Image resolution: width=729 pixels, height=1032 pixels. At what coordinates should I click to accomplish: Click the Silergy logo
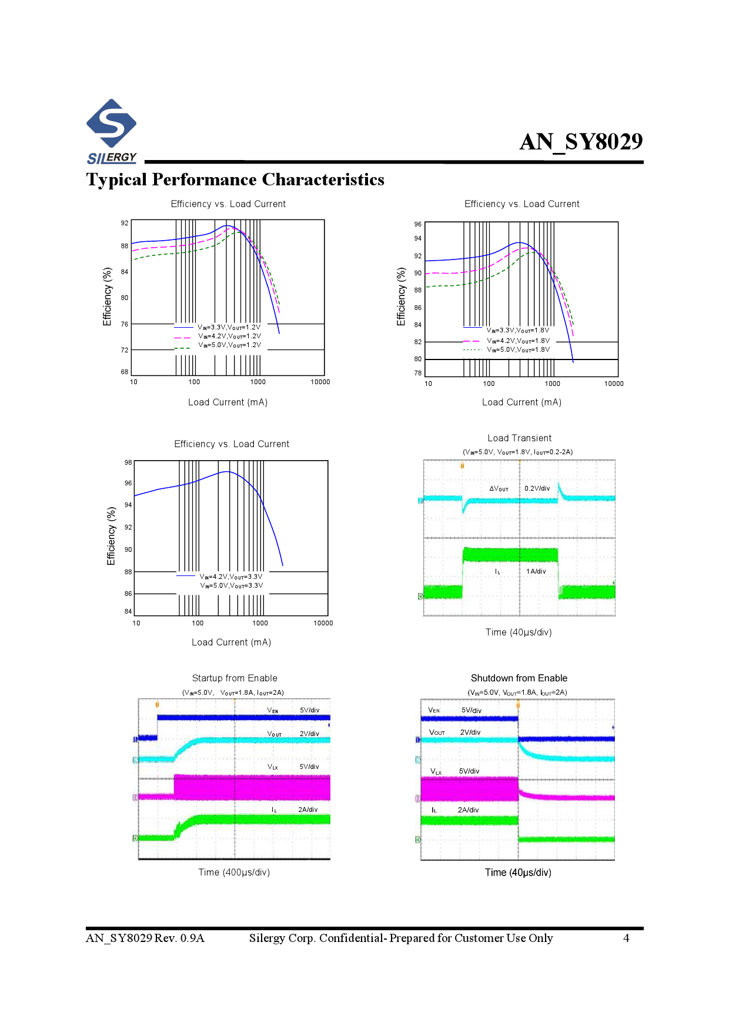(x=111, y=131)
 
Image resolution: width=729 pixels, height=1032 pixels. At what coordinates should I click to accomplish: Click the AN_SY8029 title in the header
(x=581, y=142)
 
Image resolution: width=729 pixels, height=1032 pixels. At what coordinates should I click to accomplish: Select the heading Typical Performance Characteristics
(x=235, y=179)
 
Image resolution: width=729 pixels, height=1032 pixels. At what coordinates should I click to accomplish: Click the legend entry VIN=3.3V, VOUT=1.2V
(x=229, y=327)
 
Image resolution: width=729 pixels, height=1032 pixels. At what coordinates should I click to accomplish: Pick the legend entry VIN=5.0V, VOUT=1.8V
(x=518, y=349)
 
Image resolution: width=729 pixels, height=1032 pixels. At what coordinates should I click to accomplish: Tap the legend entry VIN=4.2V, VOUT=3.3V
(x=231, y=577)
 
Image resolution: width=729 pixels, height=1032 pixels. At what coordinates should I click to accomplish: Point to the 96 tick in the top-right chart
(x=417, y=224)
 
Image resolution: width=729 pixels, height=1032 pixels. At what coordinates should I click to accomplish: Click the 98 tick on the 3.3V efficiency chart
(x=128, y=462)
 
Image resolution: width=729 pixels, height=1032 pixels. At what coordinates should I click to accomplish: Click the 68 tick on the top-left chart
(x=125, y=372)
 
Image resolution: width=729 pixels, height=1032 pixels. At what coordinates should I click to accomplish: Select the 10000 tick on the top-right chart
(x=614, y=384)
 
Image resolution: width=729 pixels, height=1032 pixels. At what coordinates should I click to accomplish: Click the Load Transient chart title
(x=519, y=438)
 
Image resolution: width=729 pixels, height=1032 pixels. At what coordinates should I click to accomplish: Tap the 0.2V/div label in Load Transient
(x=537, y=488)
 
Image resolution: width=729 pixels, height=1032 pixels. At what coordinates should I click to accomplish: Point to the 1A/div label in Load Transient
(x=536, y=571)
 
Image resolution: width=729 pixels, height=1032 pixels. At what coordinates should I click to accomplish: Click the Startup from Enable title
(x=235, y=678)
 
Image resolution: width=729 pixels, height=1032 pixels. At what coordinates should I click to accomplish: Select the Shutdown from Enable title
(x=519, y=678)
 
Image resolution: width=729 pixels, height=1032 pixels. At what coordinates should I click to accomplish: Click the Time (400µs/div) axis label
(x=234, y=873)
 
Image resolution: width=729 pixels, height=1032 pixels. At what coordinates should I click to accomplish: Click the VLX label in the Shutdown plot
(x=436, y=771)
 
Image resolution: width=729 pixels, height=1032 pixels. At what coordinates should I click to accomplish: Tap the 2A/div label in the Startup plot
(x=307, y=810)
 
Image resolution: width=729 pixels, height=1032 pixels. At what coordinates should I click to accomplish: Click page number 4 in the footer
(x=626, y=938)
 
